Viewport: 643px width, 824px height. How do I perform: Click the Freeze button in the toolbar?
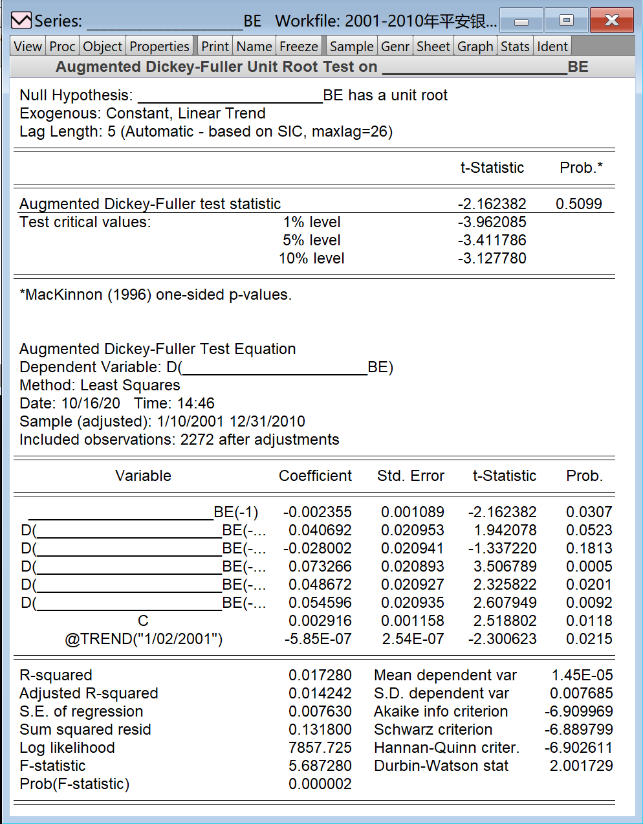[x=298, y=47]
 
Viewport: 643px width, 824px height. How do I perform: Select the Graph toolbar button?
[x=475, y=47]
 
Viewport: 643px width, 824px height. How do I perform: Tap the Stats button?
[x=515, y=47]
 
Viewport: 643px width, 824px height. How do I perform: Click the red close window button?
[x=611, y=21]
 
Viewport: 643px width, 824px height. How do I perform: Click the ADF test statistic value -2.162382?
[x=492, y=204]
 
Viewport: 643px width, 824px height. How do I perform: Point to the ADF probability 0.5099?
[x=578, y=204]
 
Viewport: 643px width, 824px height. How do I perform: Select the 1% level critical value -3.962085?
[x=492, y=222]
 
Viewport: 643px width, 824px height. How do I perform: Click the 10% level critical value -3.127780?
[x=492, y=258]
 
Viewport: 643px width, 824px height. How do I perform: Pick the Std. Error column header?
[x=410, y=476]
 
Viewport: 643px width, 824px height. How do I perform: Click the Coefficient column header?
[x=315, y=476]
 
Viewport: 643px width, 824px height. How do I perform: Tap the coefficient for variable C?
[x=320, y=621]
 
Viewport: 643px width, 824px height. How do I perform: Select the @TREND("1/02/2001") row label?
[x=144, y=639]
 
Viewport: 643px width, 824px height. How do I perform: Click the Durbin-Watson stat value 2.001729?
[x=581, y=766]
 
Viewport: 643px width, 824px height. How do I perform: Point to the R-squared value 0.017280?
[x=320, y=675]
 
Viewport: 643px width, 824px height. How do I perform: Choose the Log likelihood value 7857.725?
[x=320, y=748]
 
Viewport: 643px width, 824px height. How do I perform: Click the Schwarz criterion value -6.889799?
[x=578, y=729]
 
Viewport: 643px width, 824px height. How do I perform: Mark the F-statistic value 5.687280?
[x=320, y=766]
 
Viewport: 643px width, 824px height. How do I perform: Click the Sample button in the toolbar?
[x=351, y=47]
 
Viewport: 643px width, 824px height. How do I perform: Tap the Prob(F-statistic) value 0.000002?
[x=320, y=784]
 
